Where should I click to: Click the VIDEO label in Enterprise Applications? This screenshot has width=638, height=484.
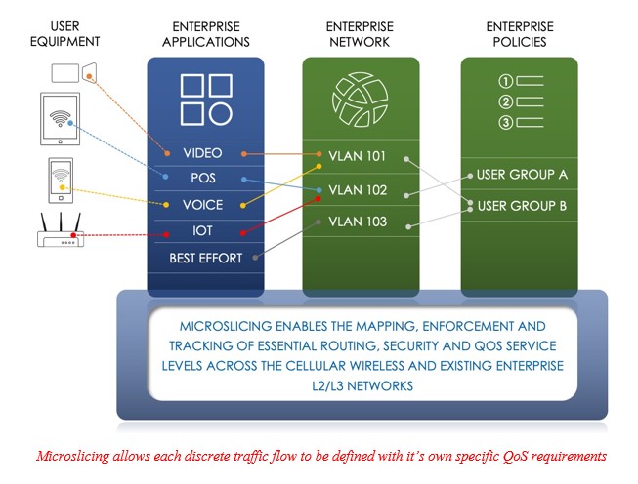point(202,153)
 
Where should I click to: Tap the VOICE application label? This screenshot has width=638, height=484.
point(202,205)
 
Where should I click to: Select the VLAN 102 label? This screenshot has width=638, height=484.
point(359,189)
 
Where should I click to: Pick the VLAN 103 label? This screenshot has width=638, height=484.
point(359,222)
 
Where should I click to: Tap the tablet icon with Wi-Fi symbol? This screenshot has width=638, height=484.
point(62,119)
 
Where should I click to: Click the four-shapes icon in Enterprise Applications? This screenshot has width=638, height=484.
point(205,98)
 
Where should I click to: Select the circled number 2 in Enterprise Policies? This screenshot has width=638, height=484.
point(505,101)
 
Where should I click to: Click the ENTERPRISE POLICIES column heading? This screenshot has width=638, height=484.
point(519,35)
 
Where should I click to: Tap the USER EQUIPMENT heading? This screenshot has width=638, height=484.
point(60,35)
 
